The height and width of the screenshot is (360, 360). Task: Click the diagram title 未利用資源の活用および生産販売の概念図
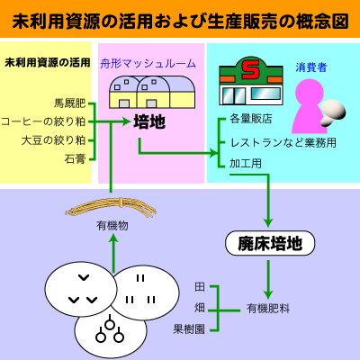(180, 19)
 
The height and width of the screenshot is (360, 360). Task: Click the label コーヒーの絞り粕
(44, 121)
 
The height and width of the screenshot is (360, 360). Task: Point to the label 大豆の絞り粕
(53, 139)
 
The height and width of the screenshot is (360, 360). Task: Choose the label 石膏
(75, 158)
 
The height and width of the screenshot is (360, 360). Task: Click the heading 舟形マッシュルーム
(147, 63)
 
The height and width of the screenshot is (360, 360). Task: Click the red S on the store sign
(255, 68)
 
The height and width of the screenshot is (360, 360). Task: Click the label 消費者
(310, 67)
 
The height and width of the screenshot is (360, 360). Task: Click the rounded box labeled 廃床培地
(268, 243)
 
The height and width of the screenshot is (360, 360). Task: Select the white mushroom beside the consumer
(335, 110)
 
